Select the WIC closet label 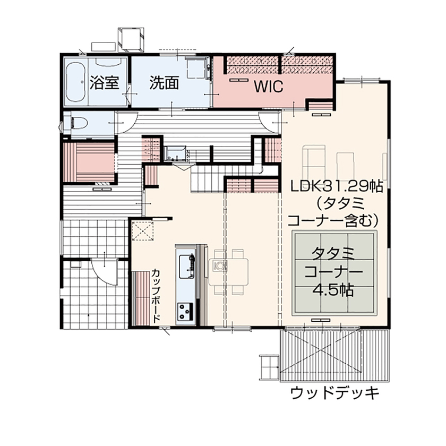tap(268, 85)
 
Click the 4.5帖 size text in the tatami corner tap(334, 290)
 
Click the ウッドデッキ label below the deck tap(335, 393)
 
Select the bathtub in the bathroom tap(76, 83)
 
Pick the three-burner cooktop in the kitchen tap(185, 310)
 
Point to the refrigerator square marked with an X tap(142, 231)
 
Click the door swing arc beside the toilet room tap(126, 123)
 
